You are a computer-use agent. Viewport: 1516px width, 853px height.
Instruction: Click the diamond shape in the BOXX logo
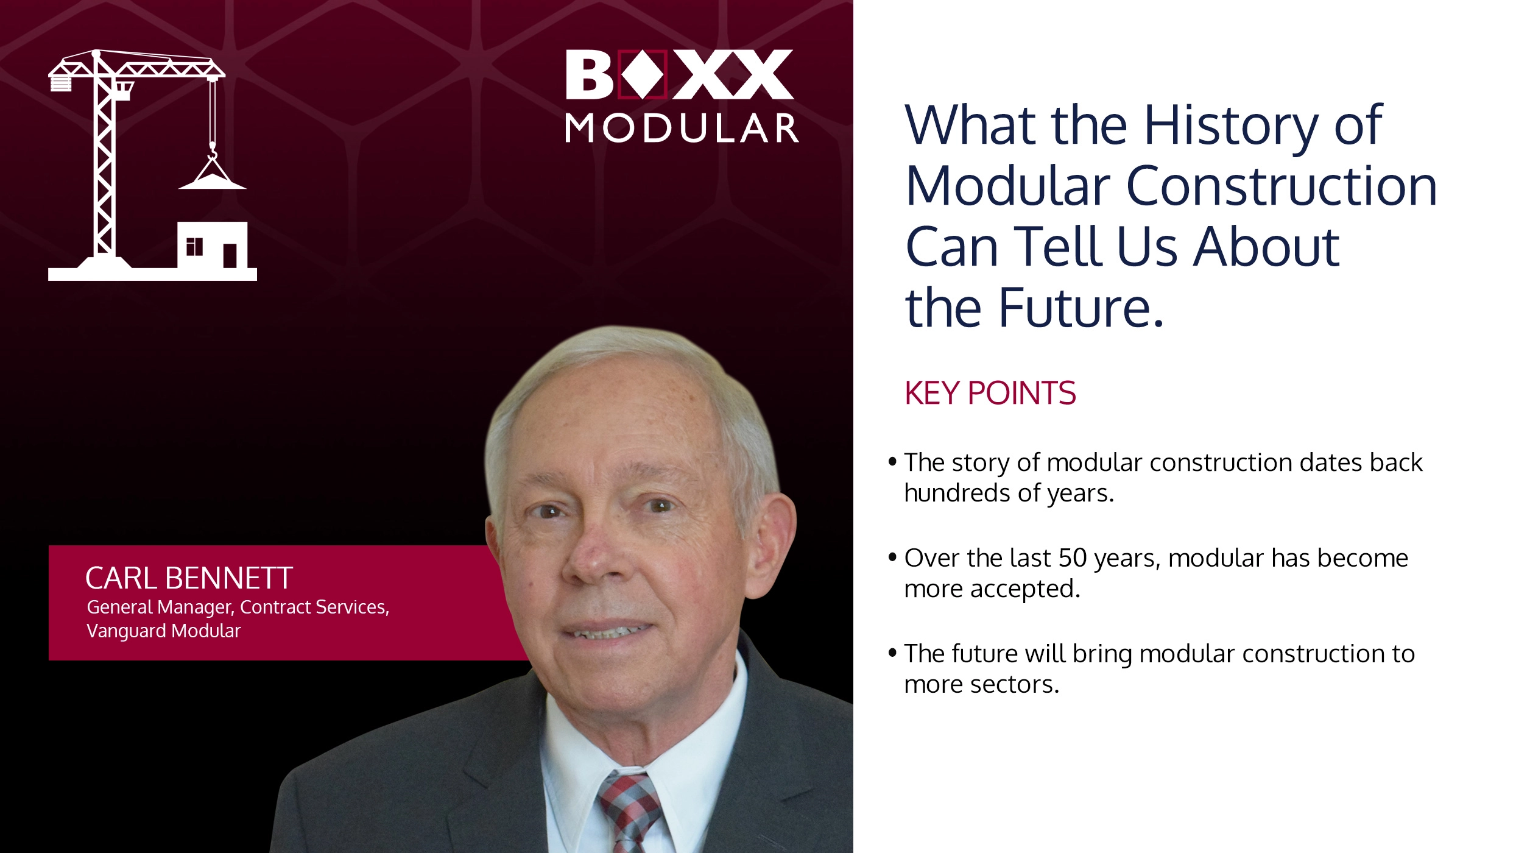[x=643, y=74]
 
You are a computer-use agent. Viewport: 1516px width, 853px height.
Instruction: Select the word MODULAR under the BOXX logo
[x=682, y=129]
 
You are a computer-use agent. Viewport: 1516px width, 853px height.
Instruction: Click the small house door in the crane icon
[x=230, y=255]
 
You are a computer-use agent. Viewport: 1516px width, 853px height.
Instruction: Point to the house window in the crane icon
[x=194, y=247]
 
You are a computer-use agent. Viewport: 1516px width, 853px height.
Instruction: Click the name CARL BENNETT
[x=189, y=578]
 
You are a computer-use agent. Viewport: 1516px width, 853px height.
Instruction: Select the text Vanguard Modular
[x=164, y=631]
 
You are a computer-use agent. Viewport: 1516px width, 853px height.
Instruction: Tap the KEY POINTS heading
[x=990, y=393]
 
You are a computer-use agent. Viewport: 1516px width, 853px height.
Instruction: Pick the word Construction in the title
[x=1282, y=186]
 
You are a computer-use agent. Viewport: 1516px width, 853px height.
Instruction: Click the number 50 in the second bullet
[x=1072, y=558]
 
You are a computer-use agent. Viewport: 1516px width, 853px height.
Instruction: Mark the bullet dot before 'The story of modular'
[x=892, y=461]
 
